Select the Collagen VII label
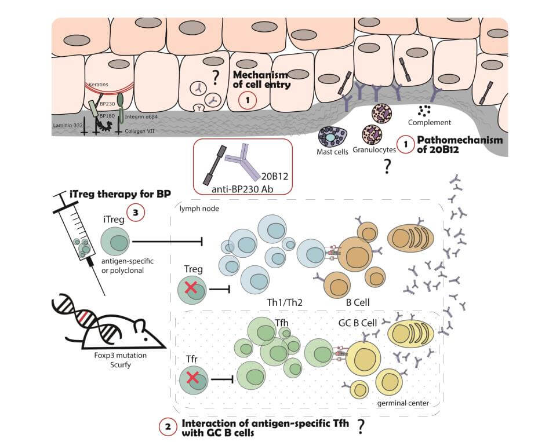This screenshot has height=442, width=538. pos(140,131)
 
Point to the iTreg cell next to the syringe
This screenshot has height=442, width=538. pos(115,240)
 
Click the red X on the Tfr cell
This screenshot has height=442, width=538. pos(194,380)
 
